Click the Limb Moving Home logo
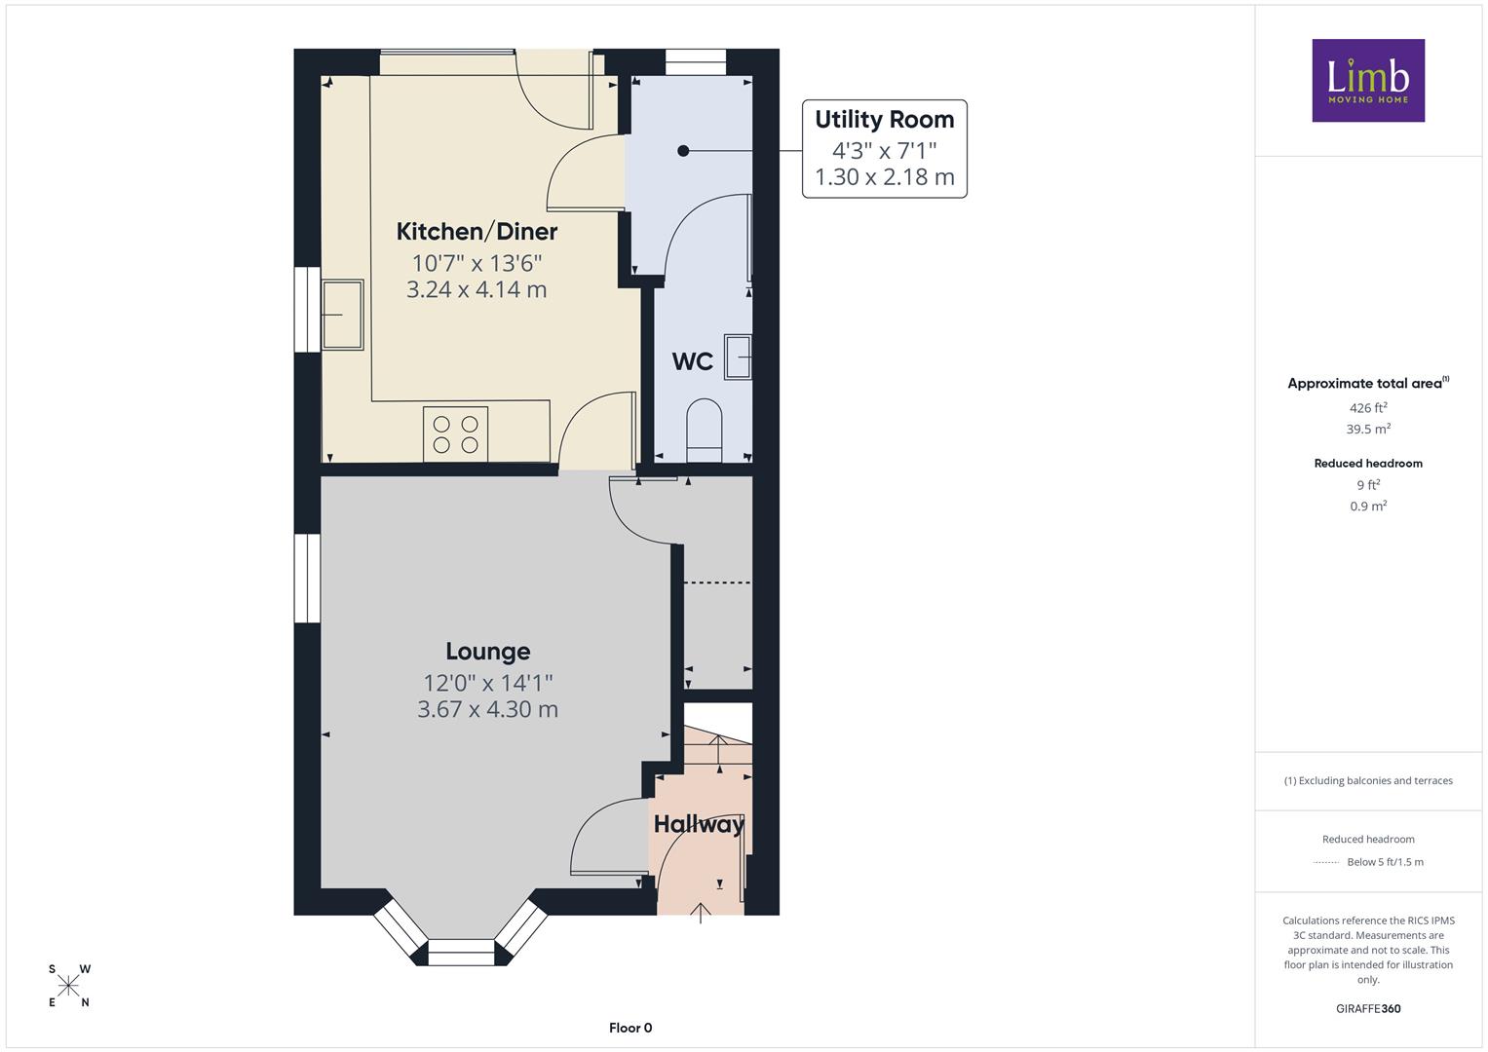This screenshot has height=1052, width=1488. (1368, 80)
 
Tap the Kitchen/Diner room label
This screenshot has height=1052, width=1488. (477, 232)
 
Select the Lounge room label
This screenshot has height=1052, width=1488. (487, 652)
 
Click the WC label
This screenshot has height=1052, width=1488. (692, 361)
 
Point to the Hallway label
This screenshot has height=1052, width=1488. (699, 824)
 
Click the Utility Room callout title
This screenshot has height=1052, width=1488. (884, 120)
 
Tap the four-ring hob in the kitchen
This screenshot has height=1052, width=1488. (456, 434)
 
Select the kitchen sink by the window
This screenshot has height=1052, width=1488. (342, 315)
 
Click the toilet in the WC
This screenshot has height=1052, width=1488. (704, 430)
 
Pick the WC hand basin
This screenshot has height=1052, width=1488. (738, 357)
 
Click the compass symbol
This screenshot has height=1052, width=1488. (68, 986)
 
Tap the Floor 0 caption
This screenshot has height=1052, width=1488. (630, 1028)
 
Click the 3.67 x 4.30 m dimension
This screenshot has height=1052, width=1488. (487, 709)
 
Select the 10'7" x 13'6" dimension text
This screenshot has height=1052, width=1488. (477, 264)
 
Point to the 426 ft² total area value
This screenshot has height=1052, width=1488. (1368, 408)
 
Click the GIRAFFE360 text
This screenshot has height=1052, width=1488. (1368, 1009)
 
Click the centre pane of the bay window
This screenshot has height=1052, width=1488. (461, 953)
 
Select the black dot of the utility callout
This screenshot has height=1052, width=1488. (683, 151)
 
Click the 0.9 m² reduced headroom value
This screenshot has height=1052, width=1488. (1368, 507)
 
